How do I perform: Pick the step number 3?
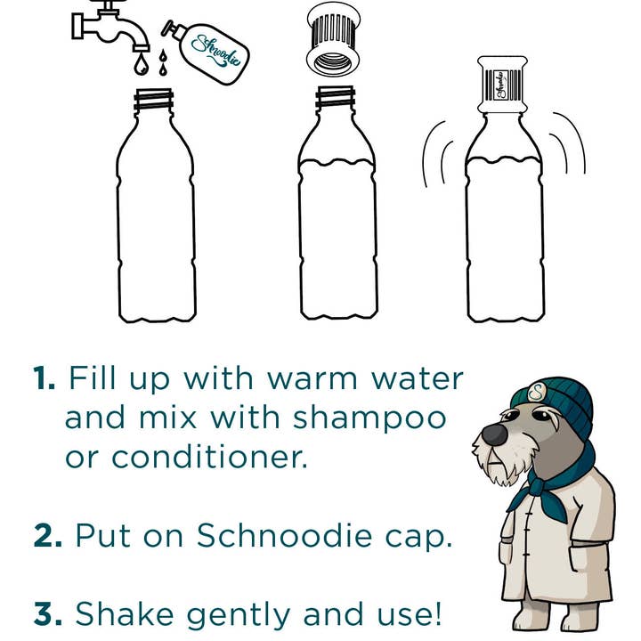pyautogui.click(x=45, y=613)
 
